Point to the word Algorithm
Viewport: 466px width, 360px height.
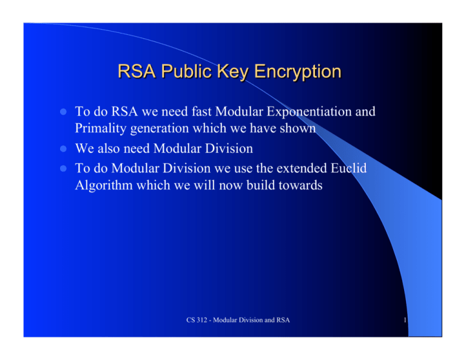[103, 185]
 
